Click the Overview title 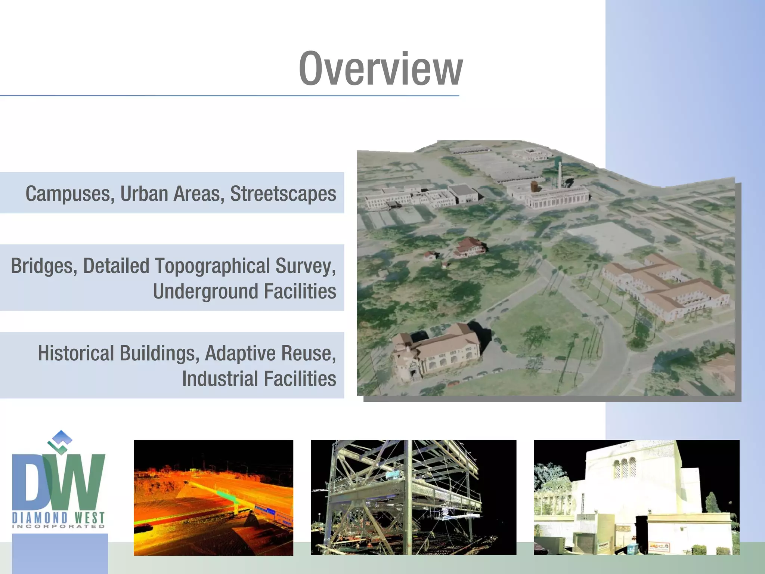[381, 70]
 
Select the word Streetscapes [283, 194]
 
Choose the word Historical [76, 354]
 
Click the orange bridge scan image [213, 497]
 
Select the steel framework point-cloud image [413, 497]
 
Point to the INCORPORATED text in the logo [59, 527]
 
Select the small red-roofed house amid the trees [470, 247]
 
